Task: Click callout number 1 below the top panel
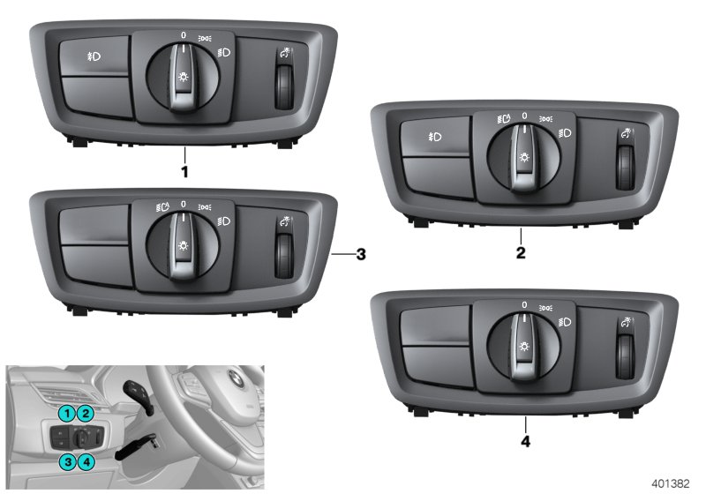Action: point(184,171)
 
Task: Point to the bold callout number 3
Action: point(359,255)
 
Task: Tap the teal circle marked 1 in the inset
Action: point(67,413)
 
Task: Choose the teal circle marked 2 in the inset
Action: point(85,413)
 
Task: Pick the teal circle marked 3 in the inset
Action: point(67,460)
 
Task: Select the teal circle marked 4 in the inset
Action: point(86,460)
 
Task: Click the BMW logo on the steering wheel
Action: point(235,379)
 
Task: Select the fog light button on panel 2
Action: point(435,138)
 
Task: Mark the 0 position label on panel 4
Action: point(524,305)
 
